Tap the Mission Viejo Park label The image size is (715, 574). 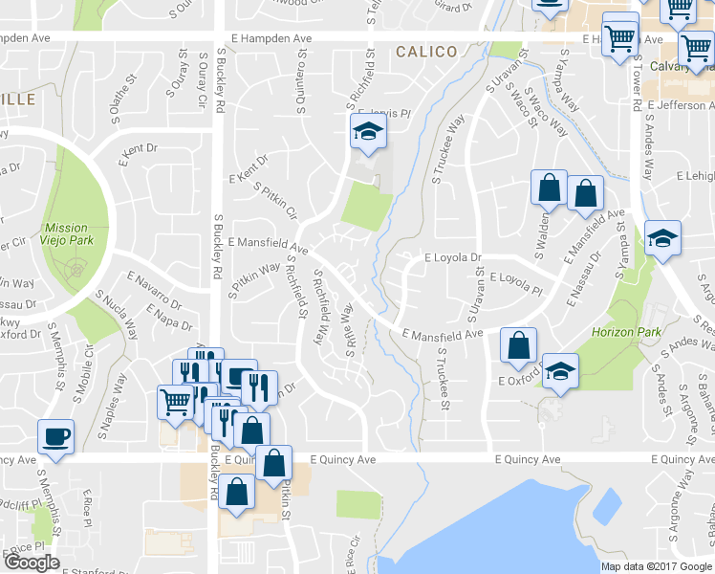click(66, 235)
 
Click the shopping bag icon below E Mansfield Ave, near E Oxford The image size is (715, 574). click(518, 345)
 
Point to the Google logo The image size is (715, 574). click(32, 563)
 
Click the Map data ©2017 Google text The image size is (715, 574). click(656, 565)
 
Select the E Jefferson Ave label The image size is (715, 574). click(684, 106)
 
